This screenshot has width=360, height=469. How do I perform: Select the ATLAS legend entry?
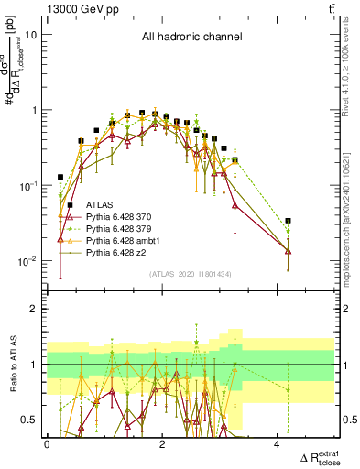point(100,204)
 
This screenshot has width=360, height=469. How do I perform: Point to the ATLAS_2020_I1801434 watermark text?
point(191,274)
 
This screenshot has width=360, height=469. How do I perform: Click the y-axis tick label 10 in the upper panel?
point(31,35)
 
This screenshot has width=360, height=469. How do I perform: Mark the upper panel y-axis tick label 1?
point(35,110)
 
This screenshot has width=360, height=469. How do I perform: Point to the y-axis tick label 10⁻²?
point(29,261)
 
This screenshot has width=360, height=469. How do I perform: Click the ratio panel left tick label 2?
point(35,310)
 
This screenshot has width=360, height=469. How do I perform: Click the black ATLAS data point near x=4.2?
point(289,221)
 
